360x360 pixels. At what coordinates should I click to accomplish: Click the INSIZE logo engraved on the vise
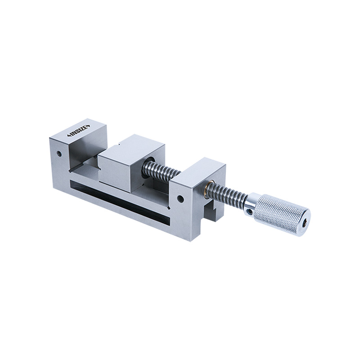click(79, 131)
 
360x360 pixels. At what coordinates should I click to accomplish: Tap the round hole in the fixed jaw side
click(58, 153)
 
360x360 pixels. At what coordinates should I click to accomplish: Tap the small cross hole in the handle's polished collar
click(248, 208)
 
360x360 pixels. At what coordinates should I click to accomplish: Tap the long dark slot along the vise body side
click(117, 200)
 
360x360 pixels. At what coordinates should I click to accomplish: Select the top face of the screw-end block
click(198, 170)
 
